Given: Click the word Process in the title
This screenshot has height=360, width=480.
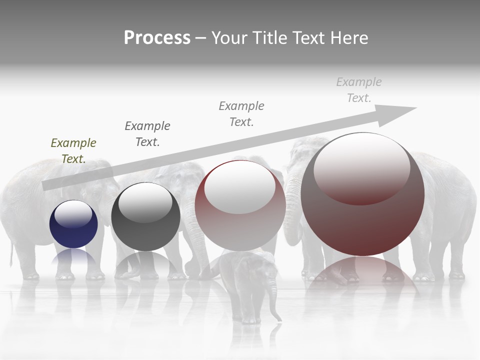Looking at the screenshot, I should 157,38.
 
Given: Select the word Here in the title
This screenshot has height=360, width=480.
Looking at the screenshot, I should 348,38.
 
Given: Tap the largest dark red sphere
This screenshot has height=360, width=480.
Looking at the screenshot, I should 362,220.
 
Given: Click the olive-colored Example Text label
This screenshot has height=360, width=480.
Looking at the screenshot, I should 73,150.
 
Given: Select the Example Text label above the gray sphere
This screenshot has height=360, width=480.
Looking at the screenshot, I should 147,133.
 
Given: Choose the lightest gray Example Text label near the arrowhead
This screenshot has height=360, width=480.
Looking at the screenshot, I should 359,89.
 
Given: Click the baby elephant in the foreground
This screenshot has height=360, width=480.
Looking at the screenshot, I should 248,285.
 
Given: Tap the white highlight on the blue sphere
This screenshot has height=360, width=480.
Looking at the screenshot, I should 73,213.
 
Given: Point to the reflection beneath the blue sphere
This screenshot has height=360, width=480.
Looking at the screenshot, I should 73,257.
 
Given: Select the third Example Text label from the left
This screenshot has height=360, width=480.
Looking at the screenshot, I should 241,113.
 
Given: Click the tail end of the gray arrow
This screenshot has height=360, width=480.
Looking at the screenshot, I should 46,185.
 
